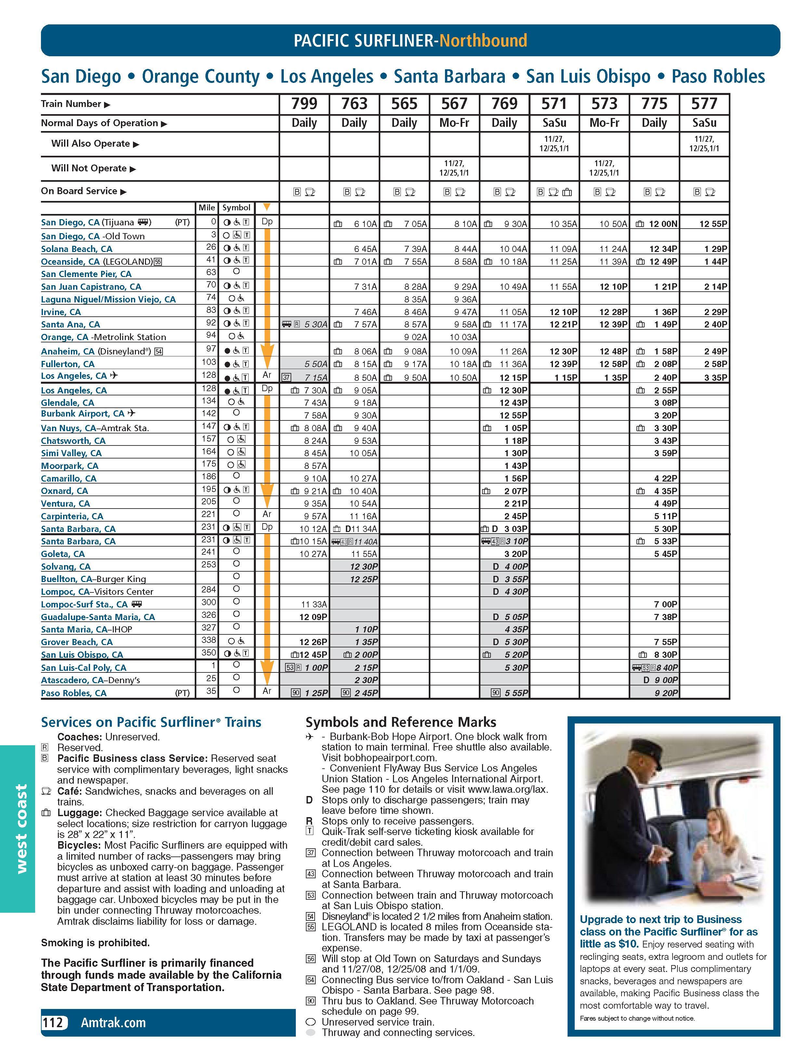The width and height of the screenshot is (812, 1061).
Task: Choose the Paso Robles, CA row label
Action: [x=73, y=693]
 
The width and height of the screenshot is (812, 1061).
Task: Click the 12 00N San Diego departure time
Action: [x=663, y=224]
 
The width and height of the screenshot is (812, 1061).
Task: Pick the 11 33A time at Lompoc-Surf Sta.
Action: [x=314, y=604]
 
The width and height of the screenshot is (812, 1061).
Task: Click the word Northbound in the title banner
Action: [x=483, y=41]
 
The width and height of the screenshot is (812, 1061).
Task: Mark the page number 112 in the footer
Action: [x=53, y=1022]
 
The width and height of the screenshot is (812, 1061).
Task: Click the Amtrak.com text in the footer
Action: [x=113, y=1022]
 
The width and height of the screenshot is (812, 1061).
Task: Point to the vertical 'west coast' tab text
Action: [x=21, y=829]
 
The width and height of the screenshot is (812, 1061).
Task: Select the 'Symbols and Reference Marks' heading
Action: [x=401, y=722]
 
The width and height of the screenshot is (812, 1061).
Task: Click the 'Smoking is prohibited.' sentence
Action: [x=95, y=943]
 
